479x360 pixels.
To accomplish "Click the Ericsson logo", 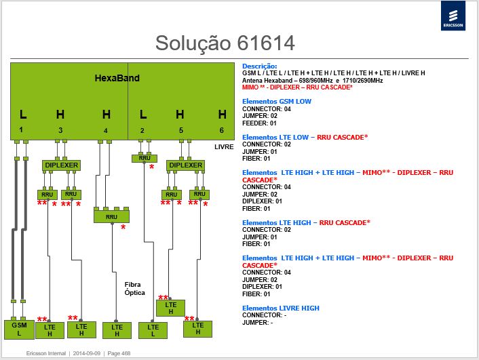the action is [x=453, y=16].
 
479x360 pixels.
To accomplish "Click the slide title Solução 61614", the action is [x=225, y=43].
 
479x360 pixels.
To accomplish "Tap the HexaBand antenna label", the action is [x=117, y=78].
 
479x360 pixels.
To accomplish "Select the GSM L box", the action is [x=19, y=329].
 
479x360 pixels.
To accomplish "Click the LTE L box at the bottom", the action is [x=153, y=330].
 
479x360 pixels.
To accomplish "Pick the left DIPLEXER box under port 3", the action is [x=62, y=165].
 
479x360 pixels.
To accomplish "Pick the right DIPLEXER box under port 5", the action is [x=185, y=165].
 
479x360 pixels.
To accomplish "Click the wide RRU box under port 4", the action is [x=111, y=216].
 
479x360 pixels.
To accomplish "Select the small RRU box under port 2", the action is [x=145, y=158].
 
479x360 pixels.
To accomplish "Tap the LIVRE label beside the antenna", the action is [x=224, y=147].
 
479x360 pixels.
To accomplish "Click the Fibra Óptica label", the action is [x=134, y=289].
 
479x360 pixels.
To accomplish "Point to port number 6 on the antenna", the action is [x=222, y=130].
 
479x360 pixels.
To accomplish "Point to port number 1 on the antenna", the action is [x=21, y=129].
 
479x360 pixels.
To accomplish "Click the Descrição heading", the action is [x=260, y=66].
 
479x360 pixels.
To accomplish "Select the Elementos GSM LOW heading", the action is [x=277, y=102].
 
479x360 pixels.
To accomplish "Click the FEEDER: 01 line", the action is [x=259, y=123].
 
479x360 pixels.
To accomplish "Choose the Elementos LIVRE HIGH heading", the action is [x=281, y=308].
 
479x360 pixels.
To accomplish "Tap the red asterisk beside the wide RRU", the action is [x=123, y=228].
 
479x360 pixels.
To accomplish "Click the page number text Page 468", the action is [x=119, y=353].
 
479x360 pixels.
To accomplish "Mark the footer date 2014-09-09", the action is [x=86, y=353].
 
